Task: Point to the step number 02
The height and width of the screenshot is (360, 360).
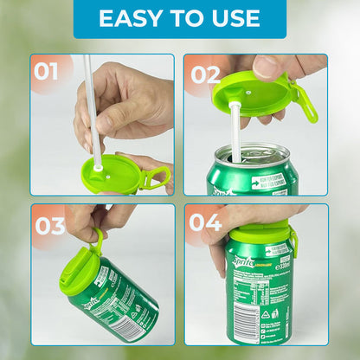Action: click(205, 74)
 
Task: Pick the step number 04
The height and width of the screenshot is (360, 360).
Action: click(206, 223)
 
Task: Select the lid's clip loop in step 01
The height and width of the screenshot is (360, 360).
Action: click(157, 177)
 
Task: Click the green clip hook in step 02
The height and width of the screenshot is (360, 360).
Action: click(305, 100)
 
